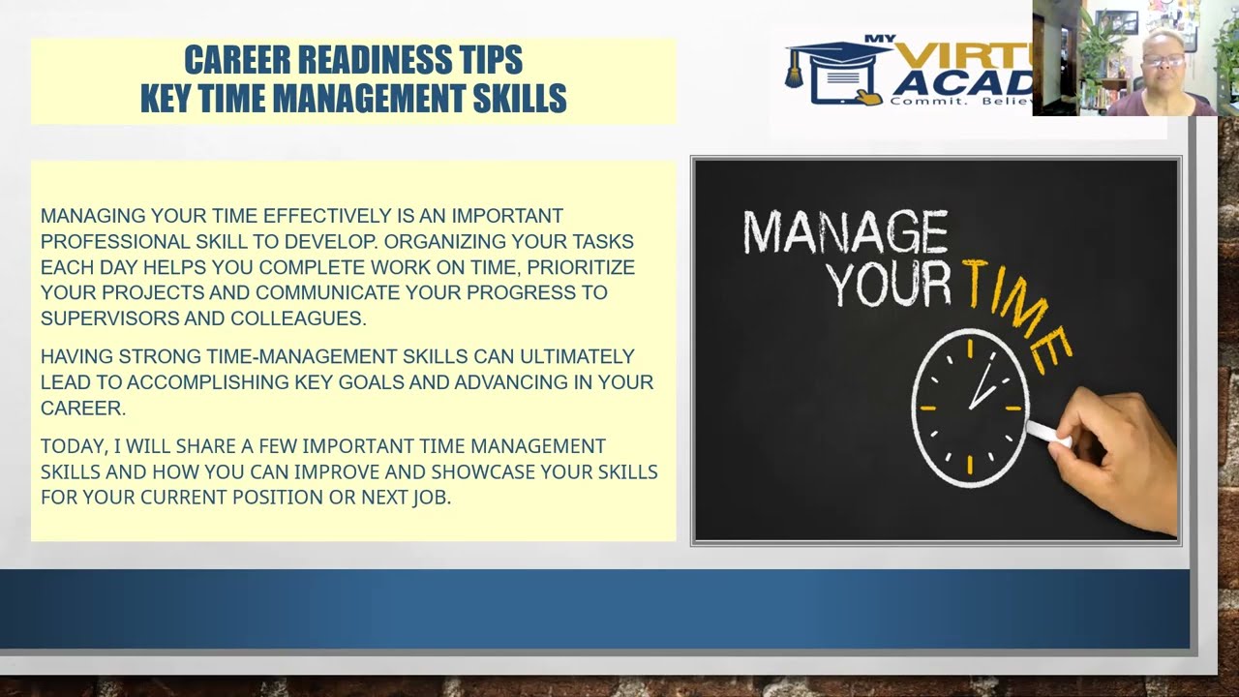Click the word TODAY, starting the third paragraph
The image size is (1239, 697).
pos(72,446)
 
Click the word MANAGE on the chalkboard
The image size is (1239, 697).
pos(844,233)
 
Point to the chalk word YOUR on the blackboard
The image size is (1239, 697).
pos(889,285)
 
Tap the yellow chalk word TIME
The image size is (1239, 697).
pos(1016,310)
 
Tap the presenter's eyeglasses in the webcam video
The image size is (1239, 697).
pos(1162,61)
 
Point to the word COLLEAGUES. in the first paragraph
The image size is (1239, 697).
pos(298,318)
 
